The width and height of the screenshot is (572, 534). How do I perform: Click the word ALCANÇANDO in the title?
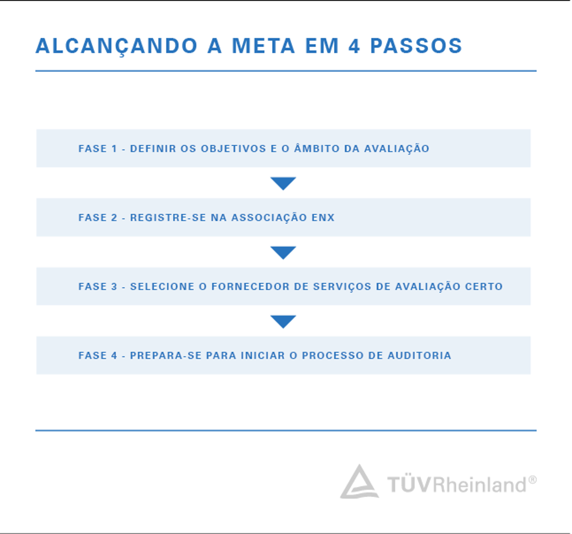coord(117,46)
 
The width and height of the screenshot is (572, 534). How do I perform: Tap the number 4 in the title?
coord(354,46)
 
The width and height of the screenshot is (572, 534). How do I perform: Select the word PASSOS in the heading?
coord(416,46)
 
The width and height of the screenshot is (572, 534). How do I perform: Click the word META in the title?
coord(264,46)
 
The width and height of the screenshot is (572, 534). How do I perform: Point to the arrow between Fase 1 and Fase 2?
coord(283,183)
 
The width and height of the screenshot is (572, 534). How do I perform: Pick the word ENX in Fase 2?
coord(323,218)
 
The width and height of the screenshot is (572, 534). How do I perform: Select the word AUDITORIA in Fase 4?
coord(420,356)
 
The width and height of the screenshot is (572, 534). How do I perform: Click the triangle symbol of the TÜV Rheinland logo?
coord(359,481)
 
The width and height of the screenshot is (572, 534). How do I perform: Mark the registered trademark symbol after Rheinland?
coord(532,480)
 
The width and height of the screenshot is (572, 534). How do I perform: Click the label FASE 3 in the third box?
coord(98,287)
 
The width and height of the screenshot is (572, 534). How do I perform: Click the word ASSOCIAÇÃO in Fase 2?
coord(269,217)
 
